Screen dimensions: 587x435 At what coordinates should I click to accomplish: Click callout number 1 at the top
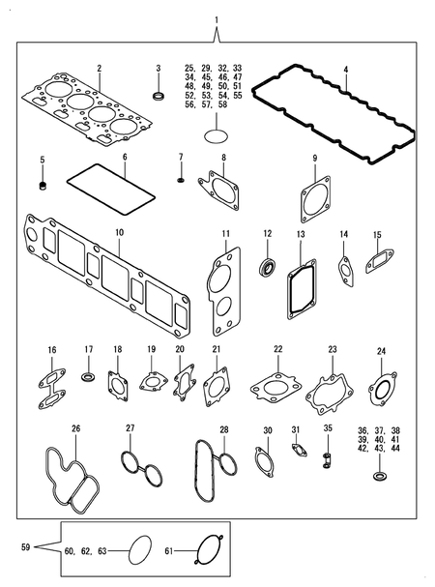coord(217,20)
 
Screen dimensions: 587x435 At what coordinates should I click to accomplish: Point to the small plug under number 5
coord(43,185)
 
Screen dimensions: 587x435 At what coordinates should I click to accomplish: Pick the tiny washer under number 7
coord(181,180)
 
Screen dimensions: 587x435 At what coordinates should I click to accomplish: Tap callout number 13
coord(301,234)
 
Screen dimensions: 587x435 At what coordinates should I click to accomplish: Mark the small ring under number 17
coord(87,374)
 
